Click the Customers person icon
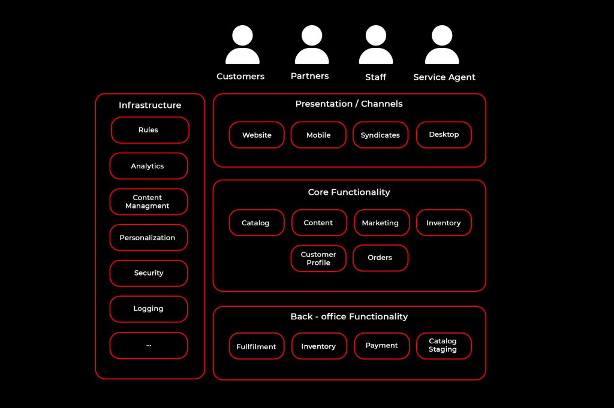[242, 45]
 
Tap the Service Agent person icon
[442, 45]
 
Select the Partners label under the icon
[309, 76]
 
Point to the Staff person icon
[376, 45]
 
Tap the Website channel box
[257, 135]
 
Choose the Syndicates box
[380, 135]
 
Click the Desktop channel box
[444, 135]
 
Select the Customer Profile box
[318, 258]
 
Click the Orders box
[380, 258]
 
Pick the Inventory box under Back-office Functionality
[319, 346]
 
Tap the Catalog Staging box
[444, 346]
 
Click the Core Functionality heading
[349, 192]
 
